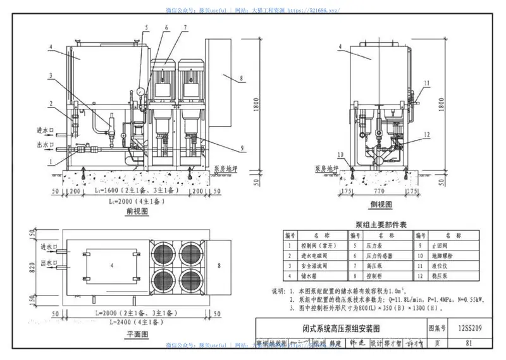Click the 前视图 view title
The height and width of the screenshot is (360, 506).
click(137, 211)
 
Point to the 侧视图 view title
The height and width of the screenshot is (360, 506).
click(381, 205)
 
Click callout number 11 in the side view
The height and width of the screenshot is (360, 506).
click(427, 83)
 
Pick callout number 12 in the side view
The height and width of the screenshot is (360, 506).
click(427, 134)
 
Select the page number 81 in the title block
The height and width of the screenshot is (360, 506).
click(468, 344)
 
